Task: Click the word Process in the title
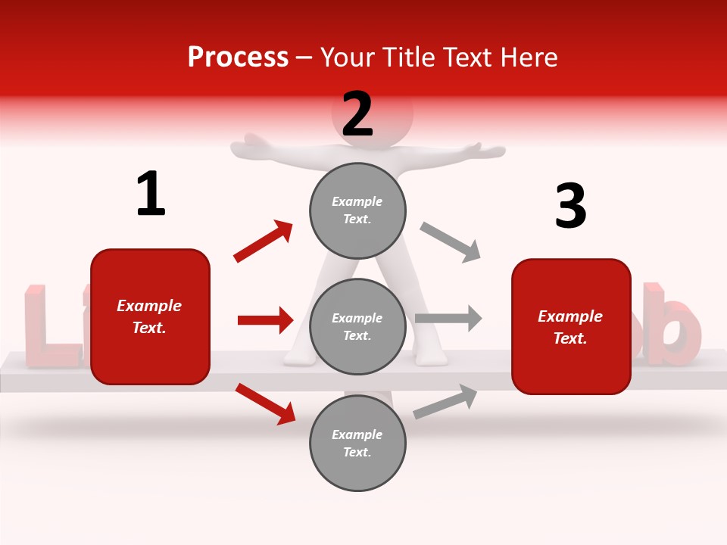(238, 58)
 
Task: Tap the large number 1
(151, 195)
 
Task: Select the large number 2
(357, 114)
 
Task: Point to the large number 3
(570, 207)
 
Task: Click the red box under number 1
(150, 316)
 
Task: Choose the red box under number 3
(571, 326)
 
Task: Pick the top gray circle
(357, 210)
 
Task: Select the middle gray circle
(357, 326)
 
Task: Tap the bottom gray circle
(357, 443)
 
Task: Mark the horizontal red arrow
(265, 320)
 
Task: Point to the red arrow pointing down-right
(265, 403)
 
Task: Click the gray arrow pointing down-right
(451, 242)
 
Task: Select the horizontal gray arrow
(448, 319)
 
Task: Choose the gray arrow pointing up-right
(445, 401)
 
